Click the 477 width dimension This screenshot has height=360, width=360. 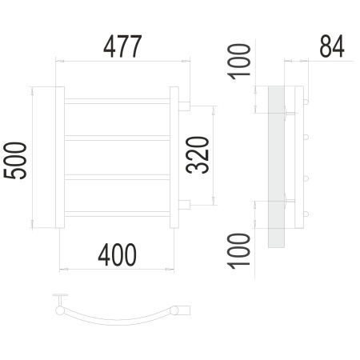tap(122, 46)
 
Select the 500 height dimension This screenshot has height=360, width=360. tap(15, 161)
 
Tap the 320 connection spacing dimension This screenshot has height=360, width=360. tap(198, 155)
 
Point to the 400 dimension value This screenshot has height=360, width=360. tap(118, 255)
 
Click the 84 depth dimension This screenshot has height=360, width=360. tap(332, 46)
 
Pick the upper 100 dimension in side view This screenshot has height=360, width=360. tap(239, 62)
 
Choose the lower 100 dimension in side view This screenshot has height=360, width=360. tap(239, 251)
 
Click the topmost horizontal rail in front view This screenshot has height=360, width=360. tap(117, 101)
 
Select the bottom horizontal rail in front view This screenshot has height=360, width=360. tap(117, 214)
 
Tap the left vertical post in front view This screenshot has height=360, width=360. tap(60, 158)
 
